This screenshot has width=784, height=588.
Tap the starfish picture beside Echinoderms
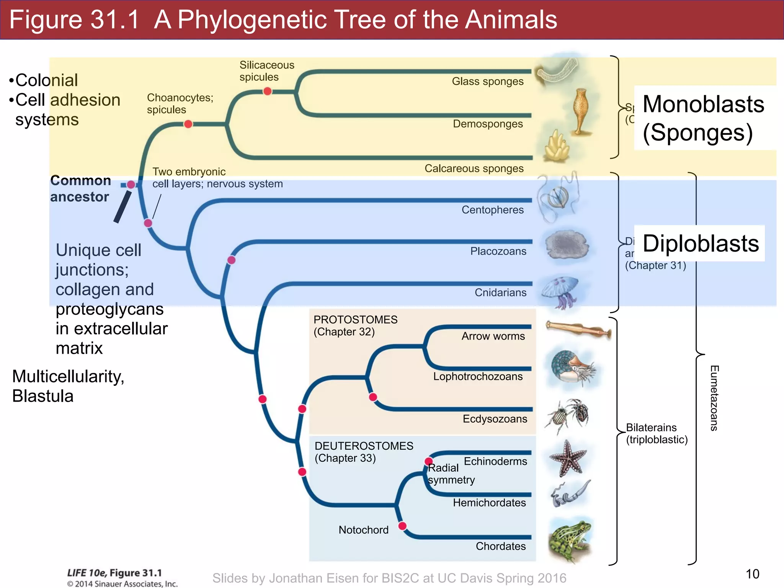568,458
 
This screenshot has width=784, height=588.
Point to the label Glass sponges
487,82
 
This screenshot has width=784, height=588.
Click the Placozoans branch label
498,252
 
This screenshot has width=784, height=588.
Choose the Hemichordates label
489,503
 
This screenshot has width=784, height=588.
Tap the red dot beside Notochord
402,526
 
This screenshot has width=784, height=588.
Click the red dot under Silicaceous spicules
268,91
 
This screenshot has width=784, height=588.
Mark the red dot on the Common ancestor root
131,185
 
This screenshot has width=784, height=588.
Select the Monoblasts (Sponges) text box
704,118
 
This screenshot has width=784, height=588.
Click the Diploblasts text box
700,243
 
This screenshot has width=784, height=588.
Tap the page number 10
752,574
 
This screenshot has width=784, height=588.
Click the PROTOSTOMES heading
355,320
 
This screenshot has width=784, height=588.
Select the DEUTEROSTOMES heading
364,446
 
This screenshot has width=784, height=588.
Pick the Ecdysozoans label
495,419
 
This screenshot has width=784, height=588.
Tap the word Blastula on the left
43,396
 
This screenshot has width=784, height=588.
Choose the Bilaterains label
651,428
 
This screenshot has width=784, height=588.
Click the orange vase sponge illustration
581,111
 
